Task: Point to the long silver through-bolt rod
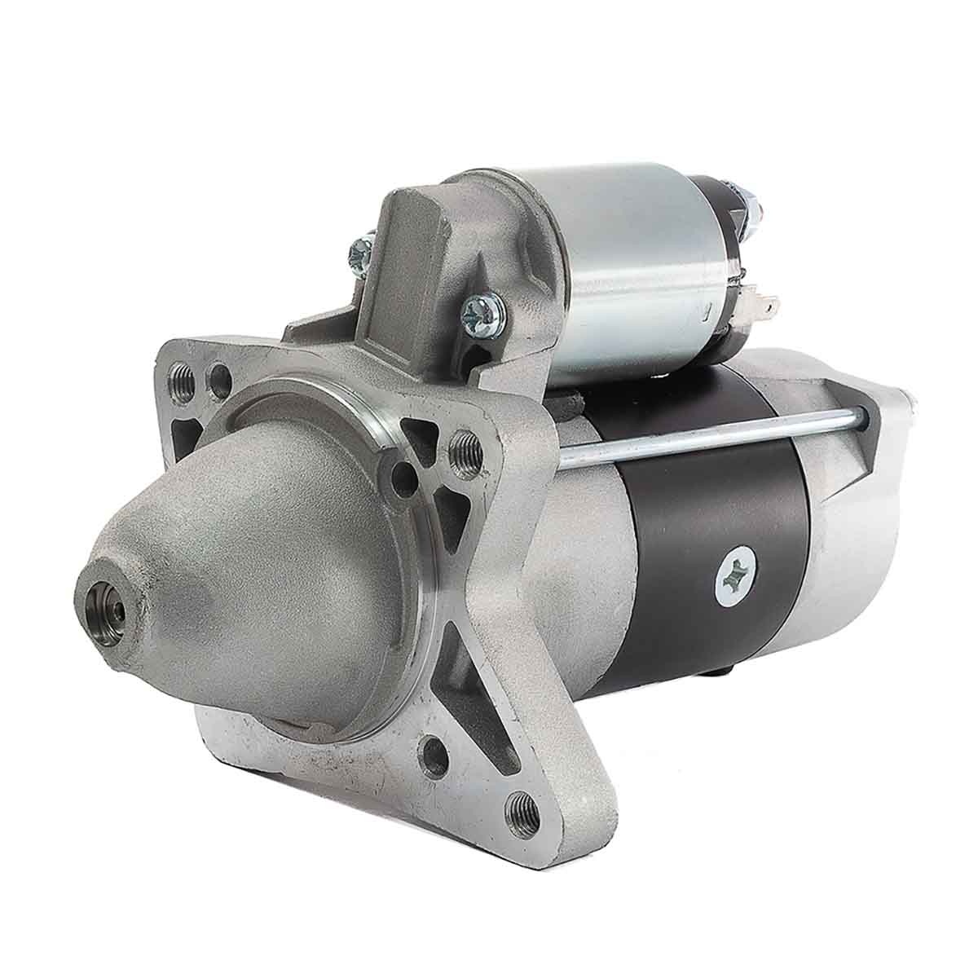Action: point(709,439)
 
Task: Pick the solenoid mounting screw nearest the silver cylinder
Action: point(479,312)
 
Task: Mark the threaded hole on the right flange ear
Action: point(465,445)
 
